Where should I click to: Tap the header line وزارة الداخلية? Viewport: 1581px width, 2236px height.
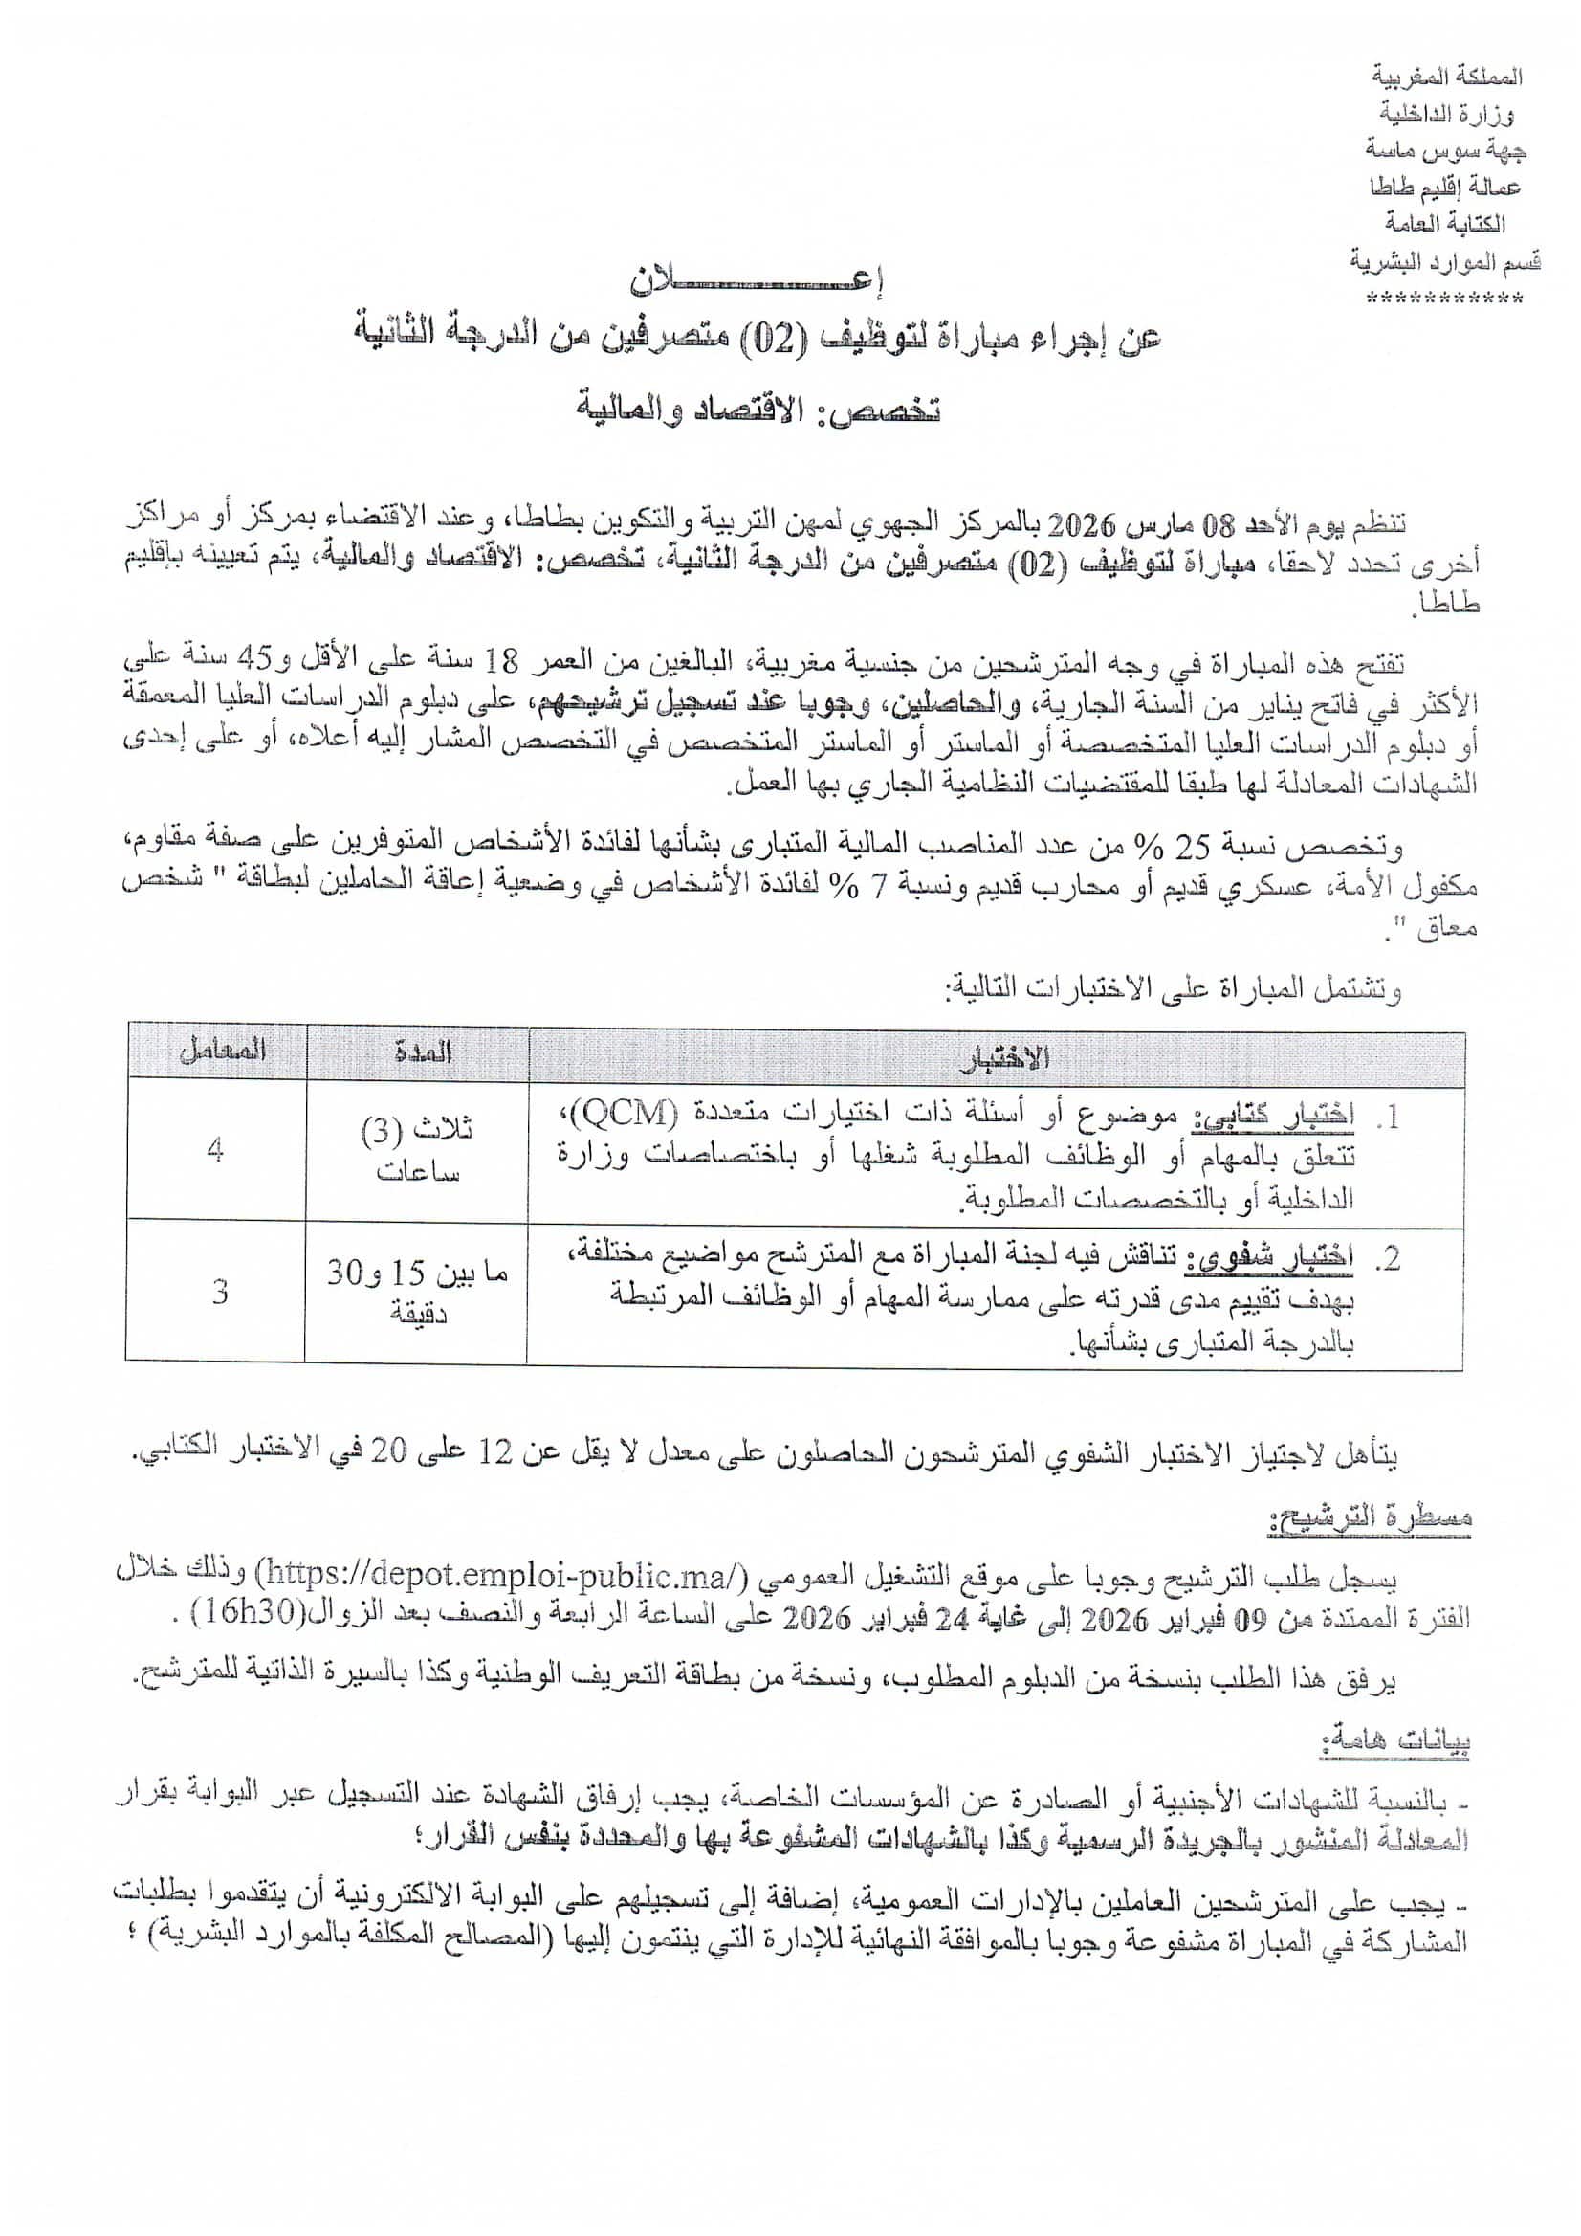click(x=1449, y=114)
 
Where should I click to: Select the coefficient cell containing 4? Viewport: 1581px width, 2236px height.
click(x=215, y=1149)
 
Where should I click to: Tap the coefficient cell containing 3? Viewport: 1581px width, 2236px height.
click(x=220, y=1292)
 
